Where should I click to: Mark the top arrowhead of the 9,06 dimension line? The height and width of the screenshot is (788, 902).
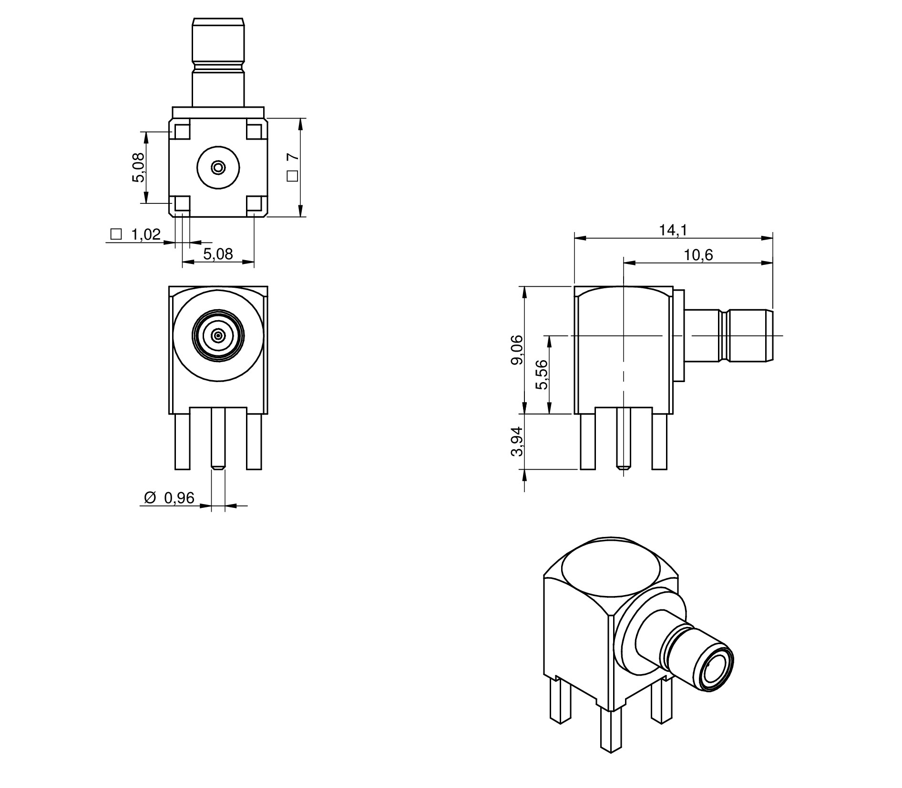[x=524, y=293]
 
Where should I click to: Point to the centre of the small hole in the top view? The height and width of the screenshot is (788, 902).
[x=218, y=167]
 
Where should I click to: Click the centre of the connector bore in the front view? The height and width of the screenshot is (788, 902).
[x=218, y=336]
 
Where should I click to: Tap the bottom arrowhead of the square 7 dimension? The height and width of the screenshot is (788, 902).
[x=300, y=211]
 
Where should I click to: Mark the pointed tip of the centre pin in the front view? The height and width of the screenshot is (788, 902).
[x=218, y=469]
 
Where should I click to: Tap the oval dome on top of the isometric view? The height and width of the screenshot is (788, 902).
[x=611, y=569]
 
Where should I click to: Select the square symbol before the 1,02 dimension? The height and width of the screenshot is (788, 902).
[x=116, y=234]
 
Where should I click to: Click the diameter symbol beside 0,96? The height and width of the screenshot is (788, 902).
[x=150, y=498]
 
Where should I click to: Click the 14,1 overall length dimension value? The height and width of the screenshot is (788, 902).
[x=673, y=230]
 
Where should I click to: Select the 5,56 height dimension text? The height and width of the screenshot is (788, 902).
[x=542, y=374]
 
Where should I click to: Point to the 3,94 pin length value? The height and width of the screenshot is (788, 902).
[x=517, y=442]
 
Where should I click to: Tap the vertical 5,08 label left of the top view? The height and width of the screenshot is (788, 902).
[x=138, y=168]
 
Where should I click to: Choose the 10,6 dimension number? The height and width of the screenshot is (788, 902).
[x=698, y=255]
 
